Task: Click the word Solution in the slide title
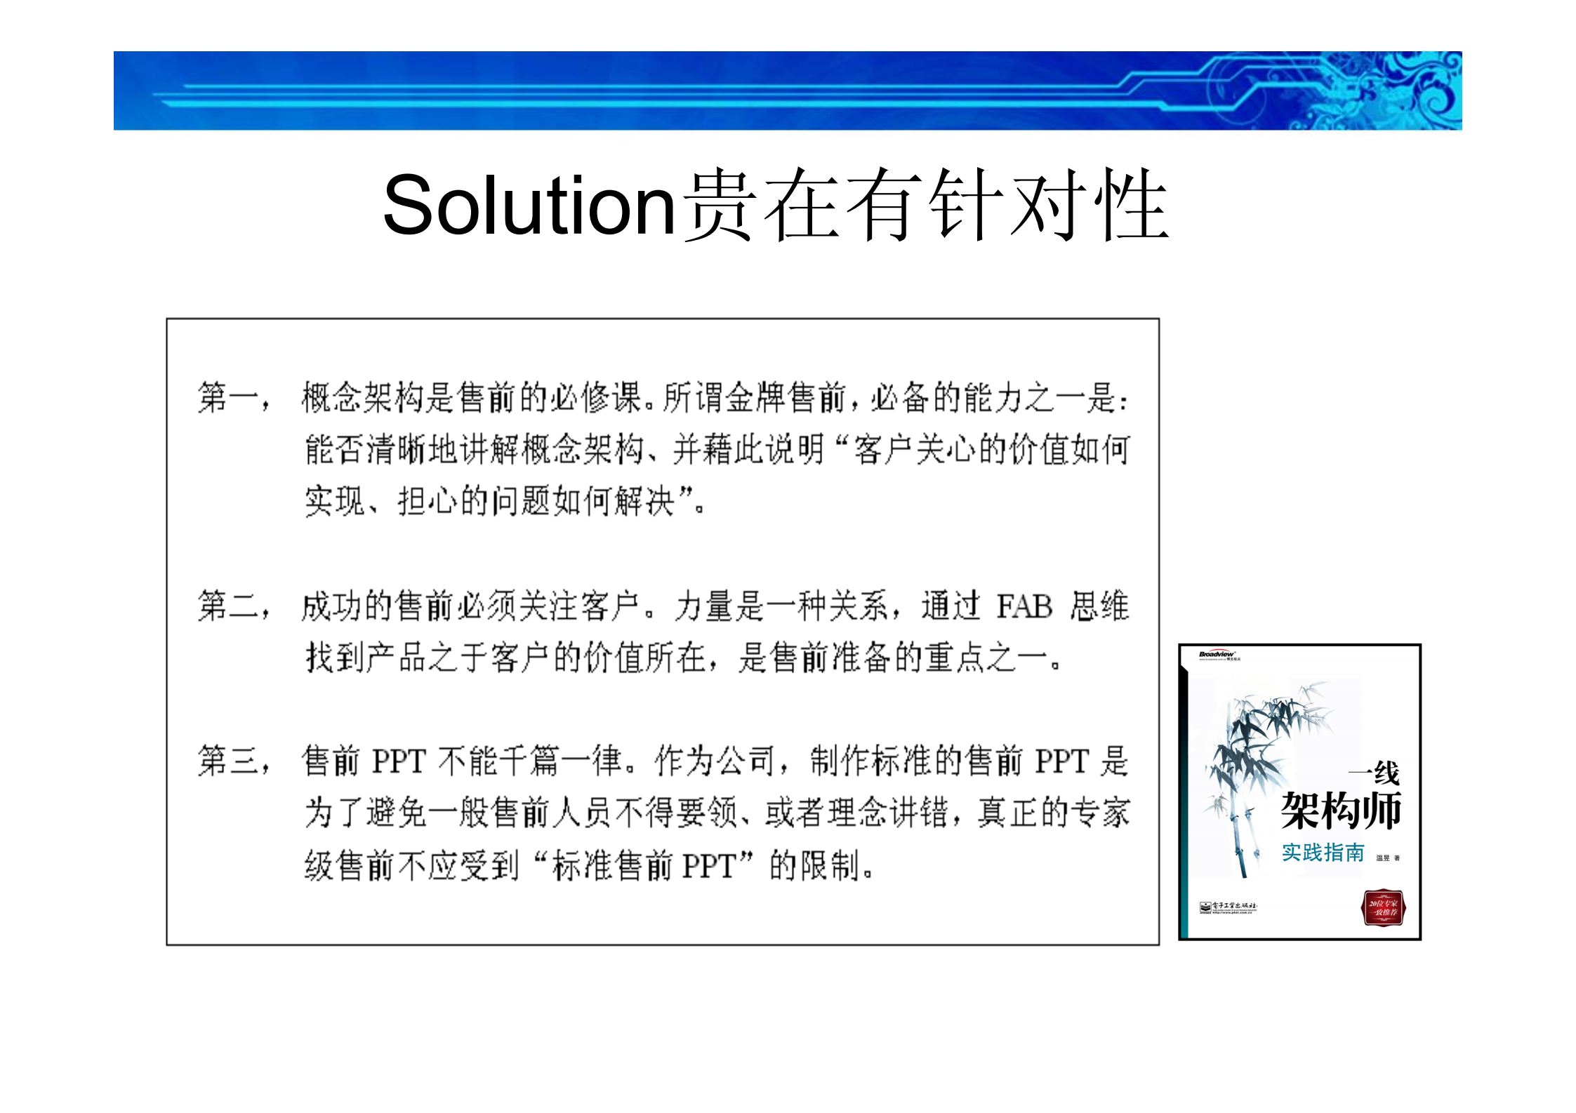528,205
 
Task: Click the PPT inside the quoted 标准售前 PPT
709,865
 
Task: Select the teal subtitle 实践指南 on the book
1323,853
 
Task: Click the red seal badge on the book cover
1382,907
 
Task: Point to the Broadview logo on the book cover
1217,655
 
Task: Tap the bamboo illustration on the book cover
1257,758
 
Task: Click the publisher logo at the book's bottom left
1228,907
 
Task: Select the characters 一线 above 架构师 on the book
1375,773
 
